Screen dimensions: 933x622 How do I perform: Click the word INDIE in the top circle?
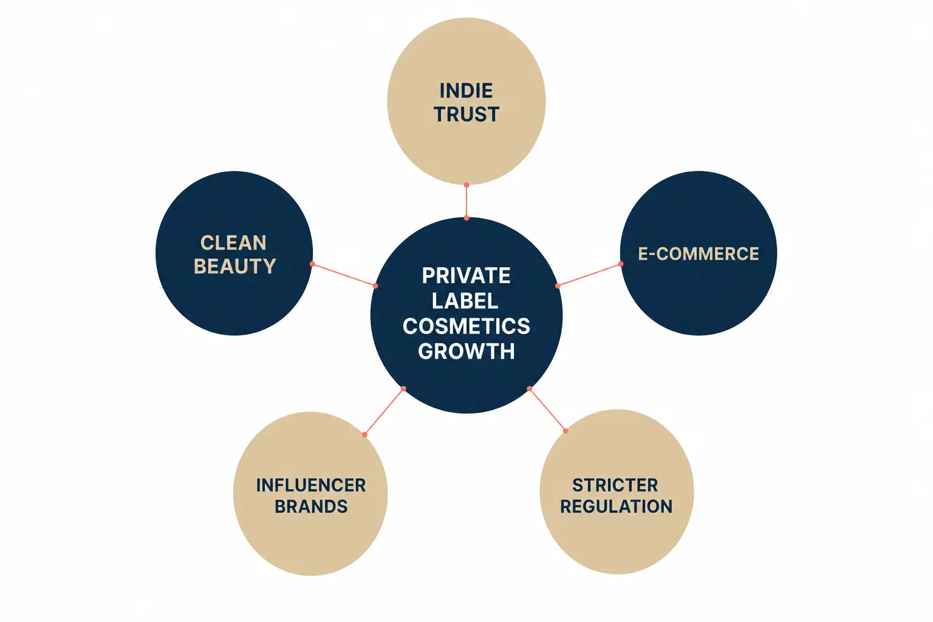[x=466, y=91]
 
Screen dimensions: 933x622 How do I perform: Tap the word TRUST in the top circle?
[x=466, y=114]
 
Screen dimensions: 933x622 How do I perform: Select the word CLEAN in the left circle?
[x=233, y=243]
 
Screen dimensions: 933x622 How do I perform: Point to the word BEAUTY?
[x=235, y=266]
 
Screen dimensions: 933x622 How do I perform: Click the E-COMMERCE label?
[x=699, y=254]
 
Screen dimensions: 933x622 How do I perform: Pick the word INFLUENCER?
[x=311, y=485]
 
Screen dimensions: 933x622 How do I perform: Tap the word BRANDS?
[x=311, y=507]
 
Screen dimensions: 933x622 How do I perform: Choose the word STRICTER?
[x=615, y=485]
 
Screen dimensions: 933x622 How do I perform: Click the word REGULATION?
[x=617, y=507]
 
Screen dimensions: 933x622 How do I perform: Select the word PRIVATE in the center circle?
[x=466, y=275]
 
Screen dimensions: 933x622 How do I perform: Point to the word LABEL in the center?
[x=465, y=301]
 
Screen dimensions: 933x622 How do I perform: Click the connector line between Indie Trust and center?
[x=466, y=201]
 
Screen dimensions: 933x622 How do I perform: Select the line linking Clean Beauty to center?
[x=344, y=275]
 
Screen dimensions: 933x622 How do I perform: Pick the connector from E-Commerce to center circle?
[x=589, y=275]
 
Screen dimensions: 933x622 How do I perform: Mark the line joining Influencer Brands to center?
[x=384, y=412]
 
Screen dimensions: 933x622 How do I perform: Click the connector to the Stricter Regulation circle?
[x=548, y=410]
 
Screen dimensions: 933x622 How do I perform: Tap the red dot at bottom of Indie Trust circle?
[x=466, y=185]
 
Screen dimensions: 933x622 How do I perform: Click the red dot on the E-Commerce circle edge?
[x=621, y=264]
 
